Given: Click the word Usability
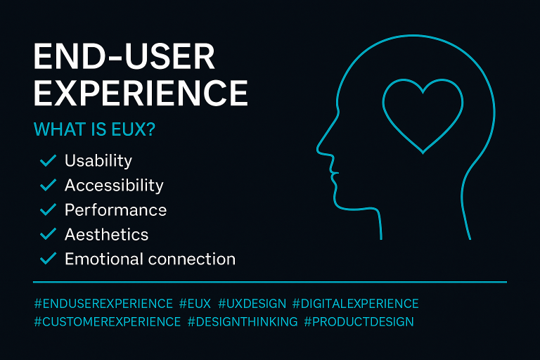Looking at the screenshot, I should tap(98, 161).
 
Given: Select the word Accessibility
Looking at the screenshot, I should tap(114, 186).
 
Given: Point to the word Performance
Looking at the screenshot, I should tap(115, 210).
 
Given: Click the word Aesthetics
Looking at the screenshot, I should tap(106, 234).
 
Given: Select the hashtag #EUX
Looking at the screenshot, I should tap(195, 304).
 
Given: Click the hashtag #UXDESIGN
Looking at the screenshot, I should tap(252, 304).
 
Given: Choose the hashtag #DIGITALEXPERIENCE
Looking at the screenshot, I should tap(355, 304).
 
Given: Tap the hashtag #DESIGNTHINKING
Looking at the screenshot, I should tap(242, 321).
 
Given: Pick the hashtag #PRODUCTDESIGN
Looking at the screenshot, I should tap(359, 321).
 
